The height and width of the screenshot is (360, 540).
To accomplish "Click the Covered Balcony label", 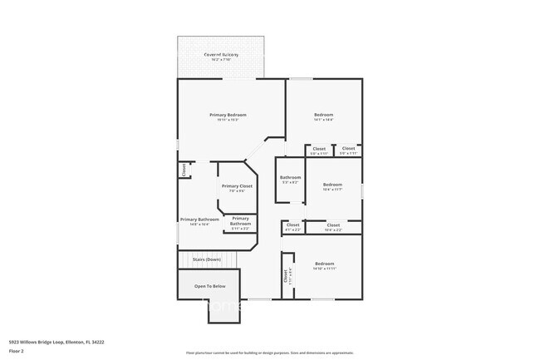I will [x=221, y=55].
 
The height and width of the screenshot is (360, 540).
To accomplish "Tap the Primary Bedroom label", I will [x=228, y=115].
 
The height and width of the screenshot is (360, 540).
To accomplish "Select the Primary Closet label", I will [x=237, y=186].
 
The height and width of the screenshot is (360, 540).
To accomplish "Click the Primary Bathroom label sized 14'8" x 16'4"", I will [x=199, y=219].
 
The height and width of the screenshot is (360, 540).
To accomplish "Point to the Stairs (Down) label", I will [x=207, y=259].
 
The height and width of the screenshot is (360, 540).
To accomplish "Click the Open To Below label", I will [x=209, y=286].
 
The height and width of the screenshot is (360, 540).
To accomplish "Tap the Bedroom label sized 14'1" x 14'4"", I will [x=323, y=115].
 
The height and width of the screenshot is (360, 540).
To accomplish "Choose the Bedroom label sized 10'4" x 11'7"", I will [x=332, y=184].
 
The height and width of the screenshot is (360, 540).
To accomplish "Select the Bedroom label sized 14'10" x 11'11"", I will [x=324, y=264].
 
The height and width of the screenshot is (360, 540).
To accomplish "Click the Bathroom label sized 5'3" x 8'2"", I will [x=290, y=177].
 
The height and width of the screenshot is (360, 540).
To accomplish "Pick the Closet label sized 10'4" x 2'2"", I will [x=333, y=224].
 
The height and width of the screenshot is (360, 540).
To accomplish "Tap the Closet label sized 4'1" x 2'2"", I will [x=293, y=224].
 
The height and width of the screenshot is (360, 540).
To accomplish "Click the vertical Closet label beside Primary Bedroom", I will [x=184, y=170].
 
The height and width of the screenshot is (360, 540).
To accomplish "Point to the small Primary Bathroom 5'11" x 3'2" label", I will [x=240, y=220].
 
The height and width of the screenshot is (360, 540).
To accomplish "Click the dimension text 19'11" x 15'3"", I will [x=228, y=121].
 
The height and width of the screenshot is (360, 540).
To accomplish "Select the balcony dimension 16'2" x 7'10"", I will [x=221, y=61].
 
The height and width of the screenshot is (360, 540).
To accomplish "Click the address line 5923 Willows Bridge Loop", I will [x=56, y=341].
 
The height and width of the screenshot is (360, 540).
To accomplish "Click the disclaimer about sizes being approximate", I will [x=269, y=353].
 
